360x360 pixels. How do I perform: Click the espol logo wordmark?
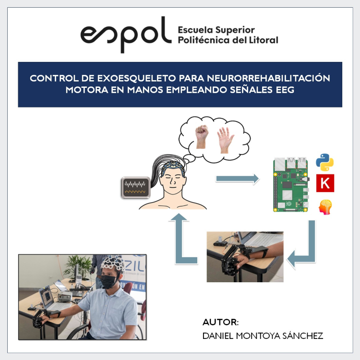pos(126,35)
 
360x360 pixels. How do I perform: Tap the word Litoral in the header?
pos(264,40)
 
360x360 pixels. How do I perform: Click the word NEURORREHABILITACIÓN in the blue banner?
pos(268,78)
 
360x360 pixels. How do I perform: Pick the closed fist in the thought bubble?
pos(201,137)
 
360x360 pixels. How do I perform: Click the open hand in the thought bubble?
pos(225,140)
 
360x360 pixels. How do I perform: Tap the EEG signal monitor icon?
pos(136,188)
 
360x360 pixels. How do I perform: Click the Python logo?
pos(324,162)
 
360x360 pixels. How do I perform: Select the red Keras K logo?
pos(325,183)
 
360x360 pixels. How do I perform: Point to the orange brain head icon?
pos(325,207)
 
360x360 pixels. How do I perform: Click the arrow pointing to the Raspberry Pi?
pos(238,179)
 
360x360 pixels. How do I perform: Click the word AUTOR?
pos(220,322)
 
